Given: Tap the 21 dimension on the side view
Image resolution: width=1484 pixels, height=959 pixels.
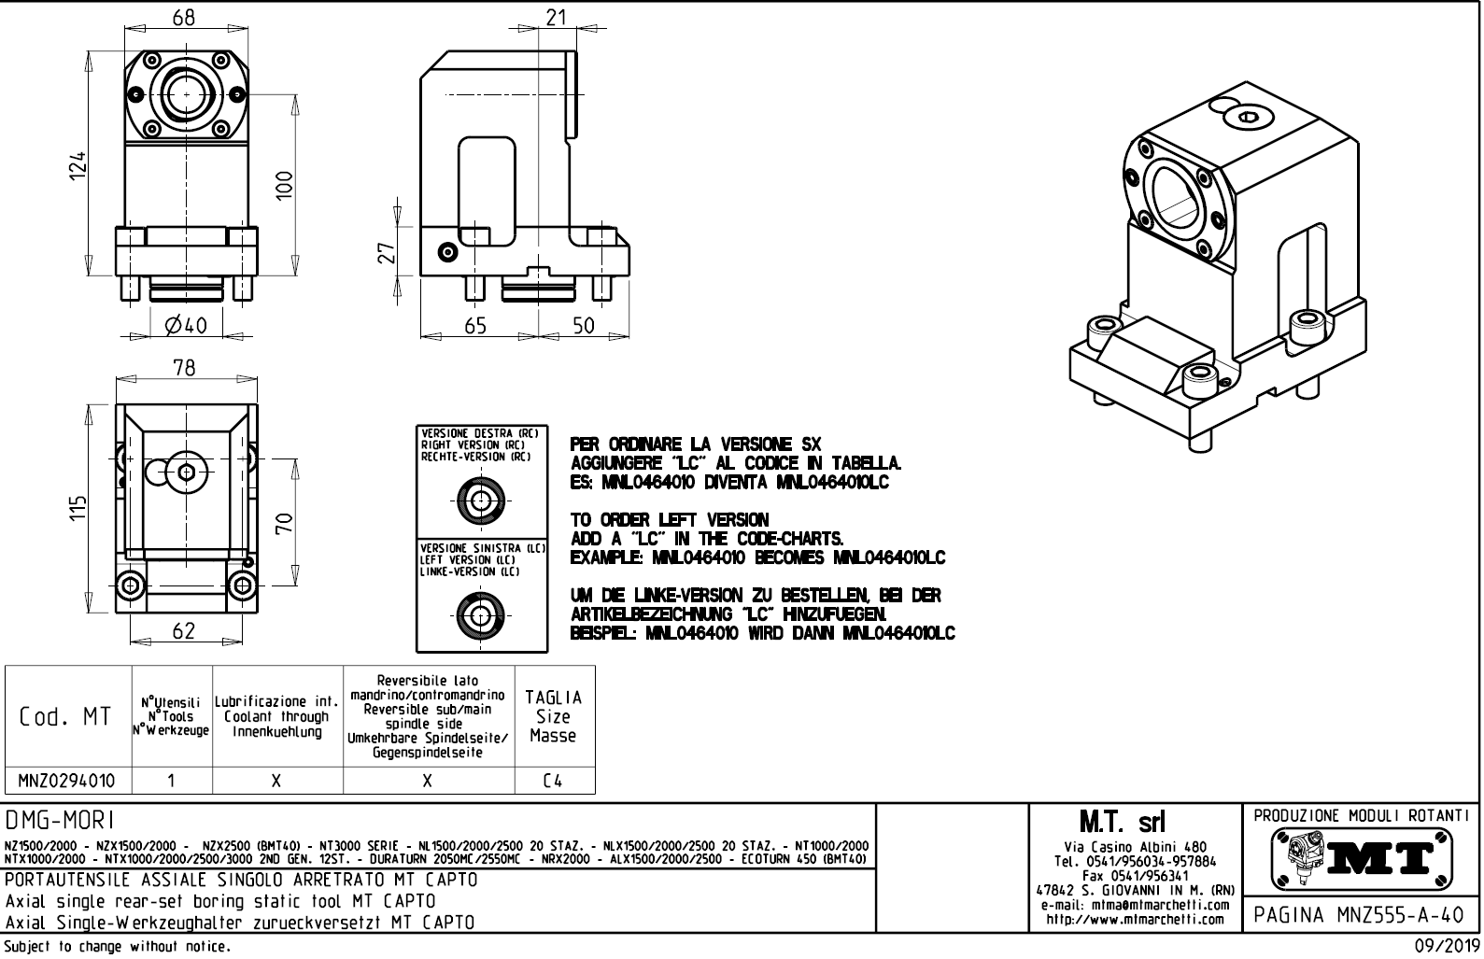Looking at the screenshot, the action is pyautogui.click(x=558, y=17).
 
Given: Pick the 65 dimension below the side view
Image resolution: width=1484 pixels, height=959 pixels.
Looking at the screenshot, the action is pyautogui.click(x=475, y=325).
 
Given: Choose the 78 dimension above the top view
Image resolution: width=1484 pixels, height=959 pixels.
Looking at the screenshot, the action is pyautogui.click(x=185, y=368).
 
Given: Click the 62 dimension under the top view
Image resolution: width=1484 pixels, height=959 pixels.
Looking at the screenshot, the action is pyautogui.click(x=184, y=630).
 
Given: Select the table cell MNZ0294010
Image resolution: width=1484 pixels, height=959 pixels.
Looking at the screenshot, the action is pyautogui.click(x=69, y=781).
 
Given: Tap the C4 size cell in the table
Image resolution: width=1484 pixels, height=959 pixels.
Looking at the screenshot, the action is pyautogui.click(x=553, y=781).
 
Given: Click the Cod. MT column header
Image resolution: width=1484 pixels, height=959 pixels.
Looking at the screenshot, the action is pyautogui.click(x=65, y=717).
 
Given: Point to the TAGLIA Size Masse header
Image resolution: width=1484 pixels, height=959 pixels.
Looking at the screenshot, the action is pyautogui.click(x=553, y=716).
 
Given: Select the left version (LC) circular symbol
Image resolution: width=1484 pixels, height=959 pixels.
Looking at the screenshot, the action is pyautogui.click(x=481, y=614).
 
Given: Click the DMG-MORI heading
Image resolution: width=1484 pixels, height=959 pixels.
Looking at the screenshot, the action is pyautogui.click(x=60, y=820).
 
